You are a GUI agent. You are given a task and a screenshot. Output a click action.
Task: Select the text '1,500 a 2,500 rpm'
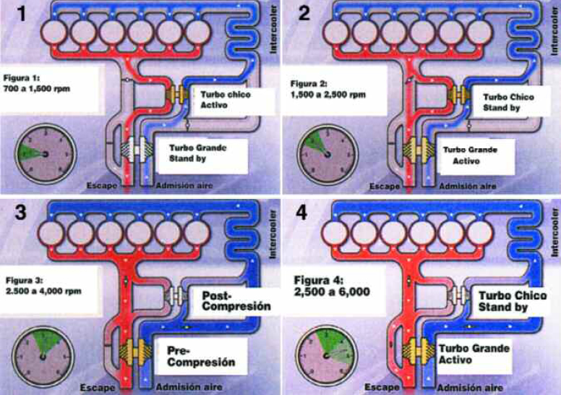(327, 95)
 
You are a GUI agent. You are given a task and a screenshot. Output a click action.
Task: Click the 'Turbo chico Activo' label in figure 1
(225, 100)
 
